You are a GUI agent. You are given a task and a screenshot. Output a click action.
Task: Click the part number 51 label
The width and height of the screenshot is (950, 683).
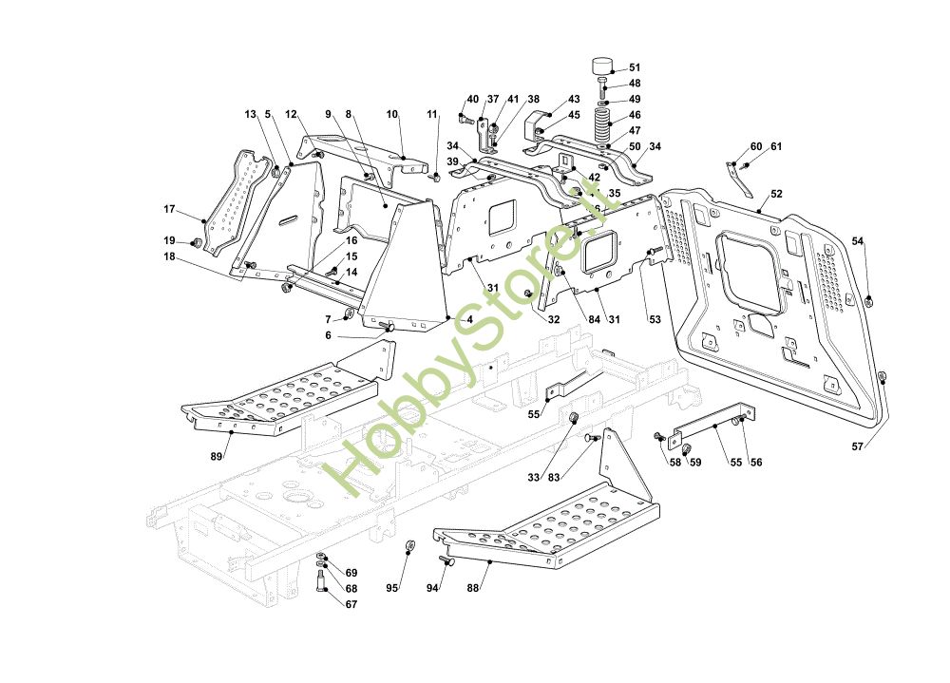click(x=635, y=67)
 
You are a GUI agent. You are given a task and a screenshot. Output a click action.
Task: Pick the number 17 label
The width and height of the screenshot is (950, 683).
click(x=169, y=209)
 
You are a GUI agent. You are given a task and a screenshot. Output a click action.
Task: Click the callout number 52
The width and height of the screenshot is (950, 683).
click(x=776, y=194)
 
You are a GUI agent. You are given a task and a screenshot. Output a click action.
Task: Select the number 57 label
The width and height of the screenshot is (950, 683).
click(x=858, y=446)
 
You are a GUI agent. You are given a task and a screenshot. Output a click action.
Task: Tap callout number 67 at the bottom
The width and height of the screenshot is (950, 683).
click(x=351, y=604)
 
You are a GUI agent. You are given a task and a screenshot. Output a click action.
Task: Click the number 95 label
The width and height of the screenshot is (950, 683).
click(x=391, y=588)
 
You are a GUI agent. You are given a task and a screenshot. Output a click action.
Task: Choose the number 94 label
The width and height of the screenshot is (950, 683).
click(x=432, y=588)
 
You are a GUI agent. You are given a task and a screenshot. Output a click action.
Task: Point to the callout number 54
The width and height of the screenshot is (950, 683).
click(x=858, y=241)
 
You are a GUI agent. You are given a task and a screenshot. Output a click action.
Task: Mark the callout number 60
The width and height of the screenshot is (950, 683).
click(x=756, y=146)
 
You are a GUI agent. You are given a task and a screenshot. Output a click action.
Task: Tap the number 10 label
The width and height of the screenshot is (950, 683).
click(x=391, y=114)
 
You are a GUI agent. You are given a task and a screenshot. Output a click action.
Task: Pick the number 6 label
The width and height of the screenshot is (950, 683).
click(x=328, y=335)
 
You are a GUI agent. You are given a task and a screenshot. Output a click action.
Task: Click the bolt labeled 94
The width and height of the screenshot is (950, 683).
click(x=450, y=562)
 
